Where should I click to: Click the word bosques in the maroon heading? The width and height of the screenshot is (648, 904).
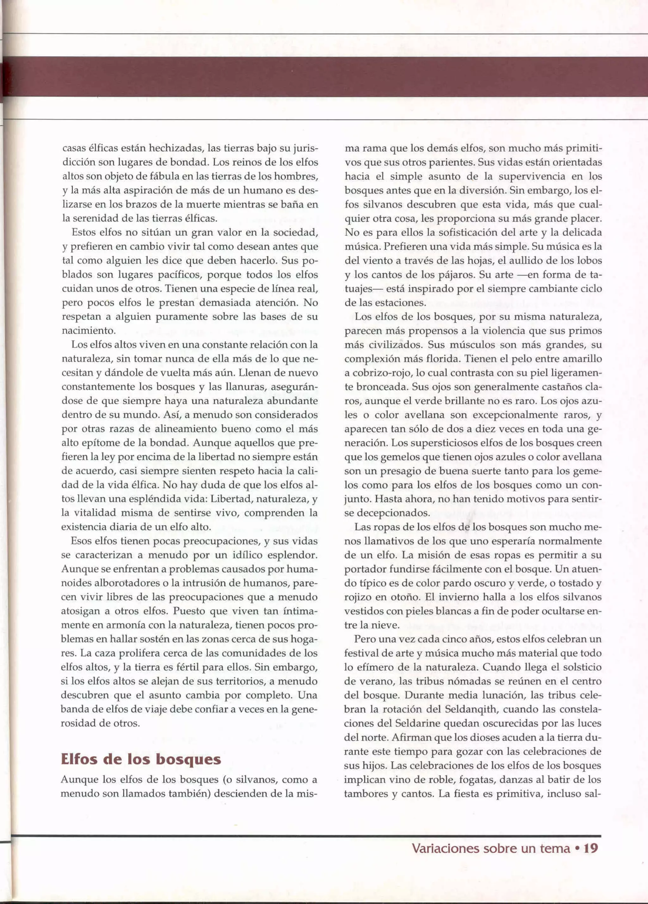click(x=188, y=759)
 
